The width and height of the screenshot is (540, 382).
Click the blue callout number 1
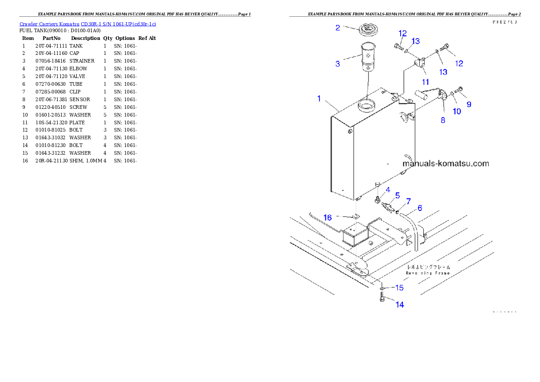tap(319, 98)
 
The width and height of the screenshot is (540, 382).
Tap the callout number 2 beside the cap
tap(338, 28)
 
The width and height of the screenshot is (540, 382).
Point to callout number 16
tap(328, 217)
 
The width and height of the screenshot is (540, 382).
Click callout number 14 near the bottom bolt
tap(399, 305)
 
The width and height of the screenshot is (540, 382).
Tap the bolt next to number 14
tap(382, 298)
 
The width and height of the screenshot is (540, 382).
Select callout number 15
tap(399, 288)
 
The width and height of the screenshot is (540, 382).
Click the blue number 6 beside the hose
tap(420, 208)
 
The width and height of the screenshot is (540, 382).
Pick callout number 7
tap(408, 201)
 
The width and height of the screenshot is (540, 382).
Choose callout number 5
tap(397, 196)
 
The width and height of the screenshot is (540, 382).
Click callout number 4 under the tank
tap(388, 189)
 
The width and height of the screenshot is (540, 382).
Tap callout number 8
tap(443, 120)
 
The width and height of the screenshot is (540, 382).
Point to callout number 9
tap(469, 104)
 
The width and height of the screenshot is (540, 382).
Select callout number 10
tap(457, 111)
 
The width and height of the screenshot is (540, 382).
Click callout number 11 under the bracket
tap(425, 82)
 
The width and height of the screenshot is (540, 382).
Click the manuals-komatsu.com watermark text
tap(446, 163)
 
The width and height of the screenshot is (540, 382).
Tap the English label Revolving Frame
tap(428, 273)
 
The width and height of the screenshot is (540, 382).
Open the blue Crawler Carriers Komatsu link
tap(88, 24)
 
